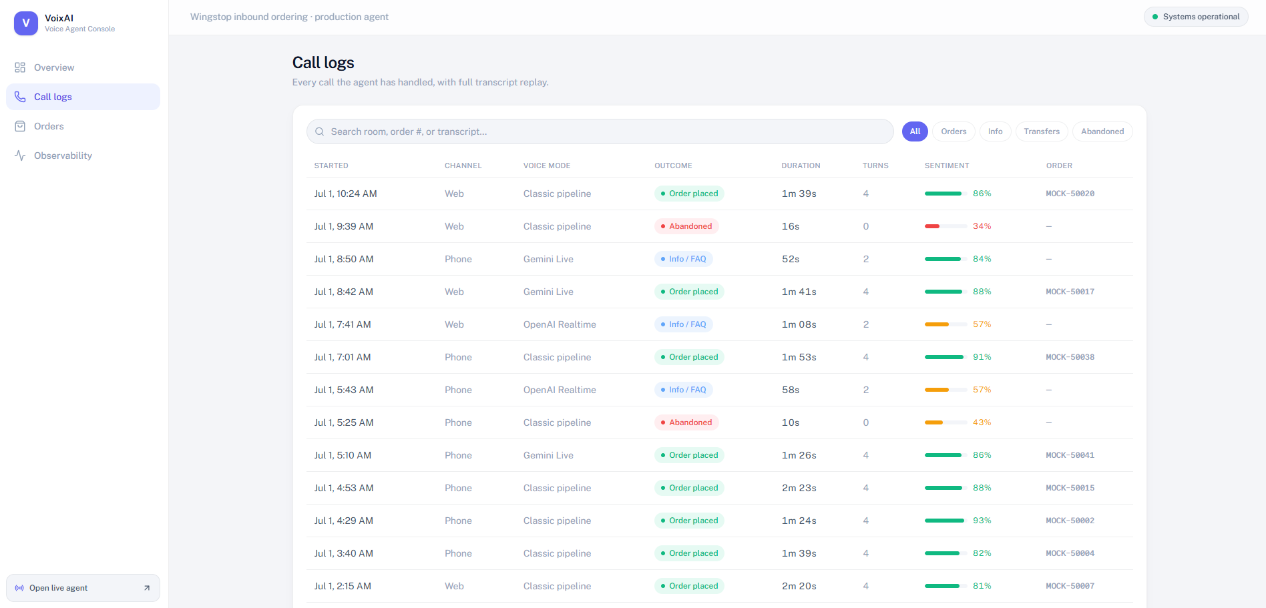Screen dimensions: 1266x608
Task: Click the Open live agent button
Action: click(x=83, y=588)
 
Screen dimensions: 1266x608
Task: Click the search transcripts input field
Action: click(x=600, y=131)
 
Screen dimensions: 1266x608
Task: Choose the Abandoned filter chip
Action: click(x=1102, y=131)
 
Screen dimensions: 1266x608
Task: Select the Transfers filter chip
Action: click(x=1042, y=131)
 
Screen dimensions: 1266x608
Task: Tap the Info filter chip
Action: click(x=995, y=131)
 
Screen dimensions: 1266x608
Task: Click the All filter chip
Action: click(x=915, y=131)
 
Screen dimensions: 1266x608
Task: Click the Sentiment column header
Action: click(x=947, y=166)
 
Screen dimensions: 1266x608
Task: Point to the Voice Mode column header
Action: click(x=547, y=166)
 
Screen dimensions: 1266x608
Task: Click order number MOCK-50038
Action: click(x=1070, y=357)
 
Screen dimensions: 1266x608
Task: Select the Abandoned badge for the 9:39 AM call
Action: click(x=686, y=226)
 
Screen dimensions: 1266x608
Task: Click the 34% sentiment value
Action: click(x=982, y=226)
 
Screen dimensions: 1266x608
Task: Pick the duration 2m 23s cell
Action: click(x=799, y=488)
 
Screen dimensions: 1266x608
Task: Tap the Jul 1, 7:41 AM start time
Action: click(x=343, y=324)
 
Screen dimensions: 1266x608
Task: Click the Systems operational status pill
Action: click(x=1196, y=17)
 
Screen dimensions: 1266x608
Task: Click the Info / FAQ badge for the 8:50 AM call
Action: click(x=684, y=259)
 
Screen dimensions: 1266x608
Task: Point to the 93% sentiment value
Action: click(x=982, y=521)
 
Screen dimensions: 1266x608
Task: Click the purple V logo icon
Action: click(x=26, y=23)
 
